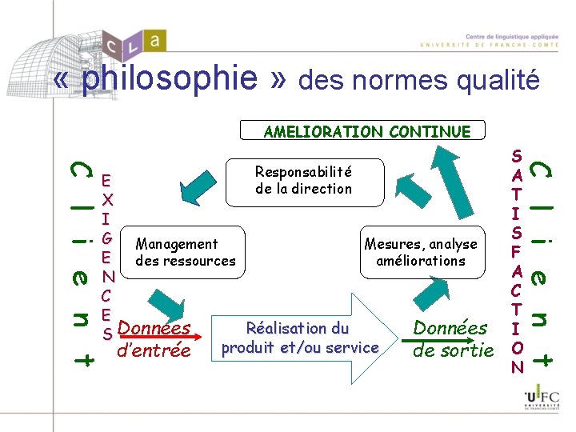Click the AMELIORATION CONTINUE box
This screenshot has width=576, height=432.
click(x=366, y=132)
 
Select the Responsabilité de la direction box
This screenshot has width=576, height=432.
click(x=303, y=180)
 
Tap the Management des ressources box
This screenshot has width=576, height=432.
click(x=185, y=252)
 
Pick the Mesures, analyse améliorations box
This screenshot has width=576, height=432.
click(x=420, y=252)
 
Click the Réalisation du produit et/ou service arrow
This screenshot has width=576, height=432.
click(x=302, y=338)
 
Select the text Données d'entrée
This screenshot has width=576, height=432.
click(x=154, y=338)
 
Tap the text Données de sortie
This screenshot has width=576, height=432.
click(x=452, y=338)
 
